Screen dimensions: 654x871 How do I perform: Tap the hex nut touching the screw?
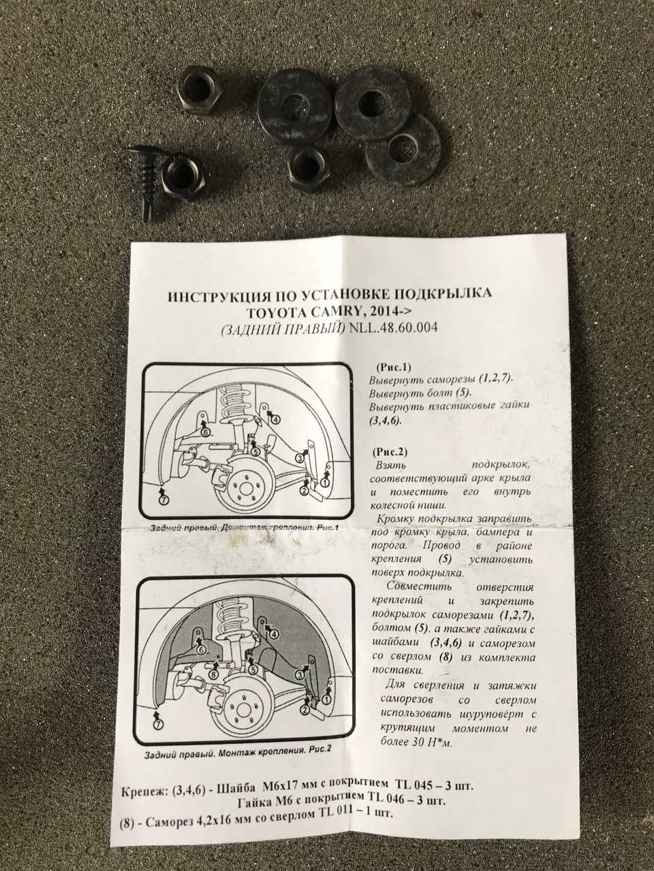click(183, 176)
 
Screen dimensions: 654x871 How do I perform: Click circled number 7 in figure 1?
click(164, 500)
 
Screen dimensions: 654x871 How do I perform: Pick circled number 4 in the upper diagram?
click(276, 419)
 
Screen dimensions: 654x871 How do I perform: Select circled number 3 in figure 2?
click(300, 674)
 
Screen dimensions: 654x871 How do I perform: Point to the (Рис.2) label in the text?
click(391, 452)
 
